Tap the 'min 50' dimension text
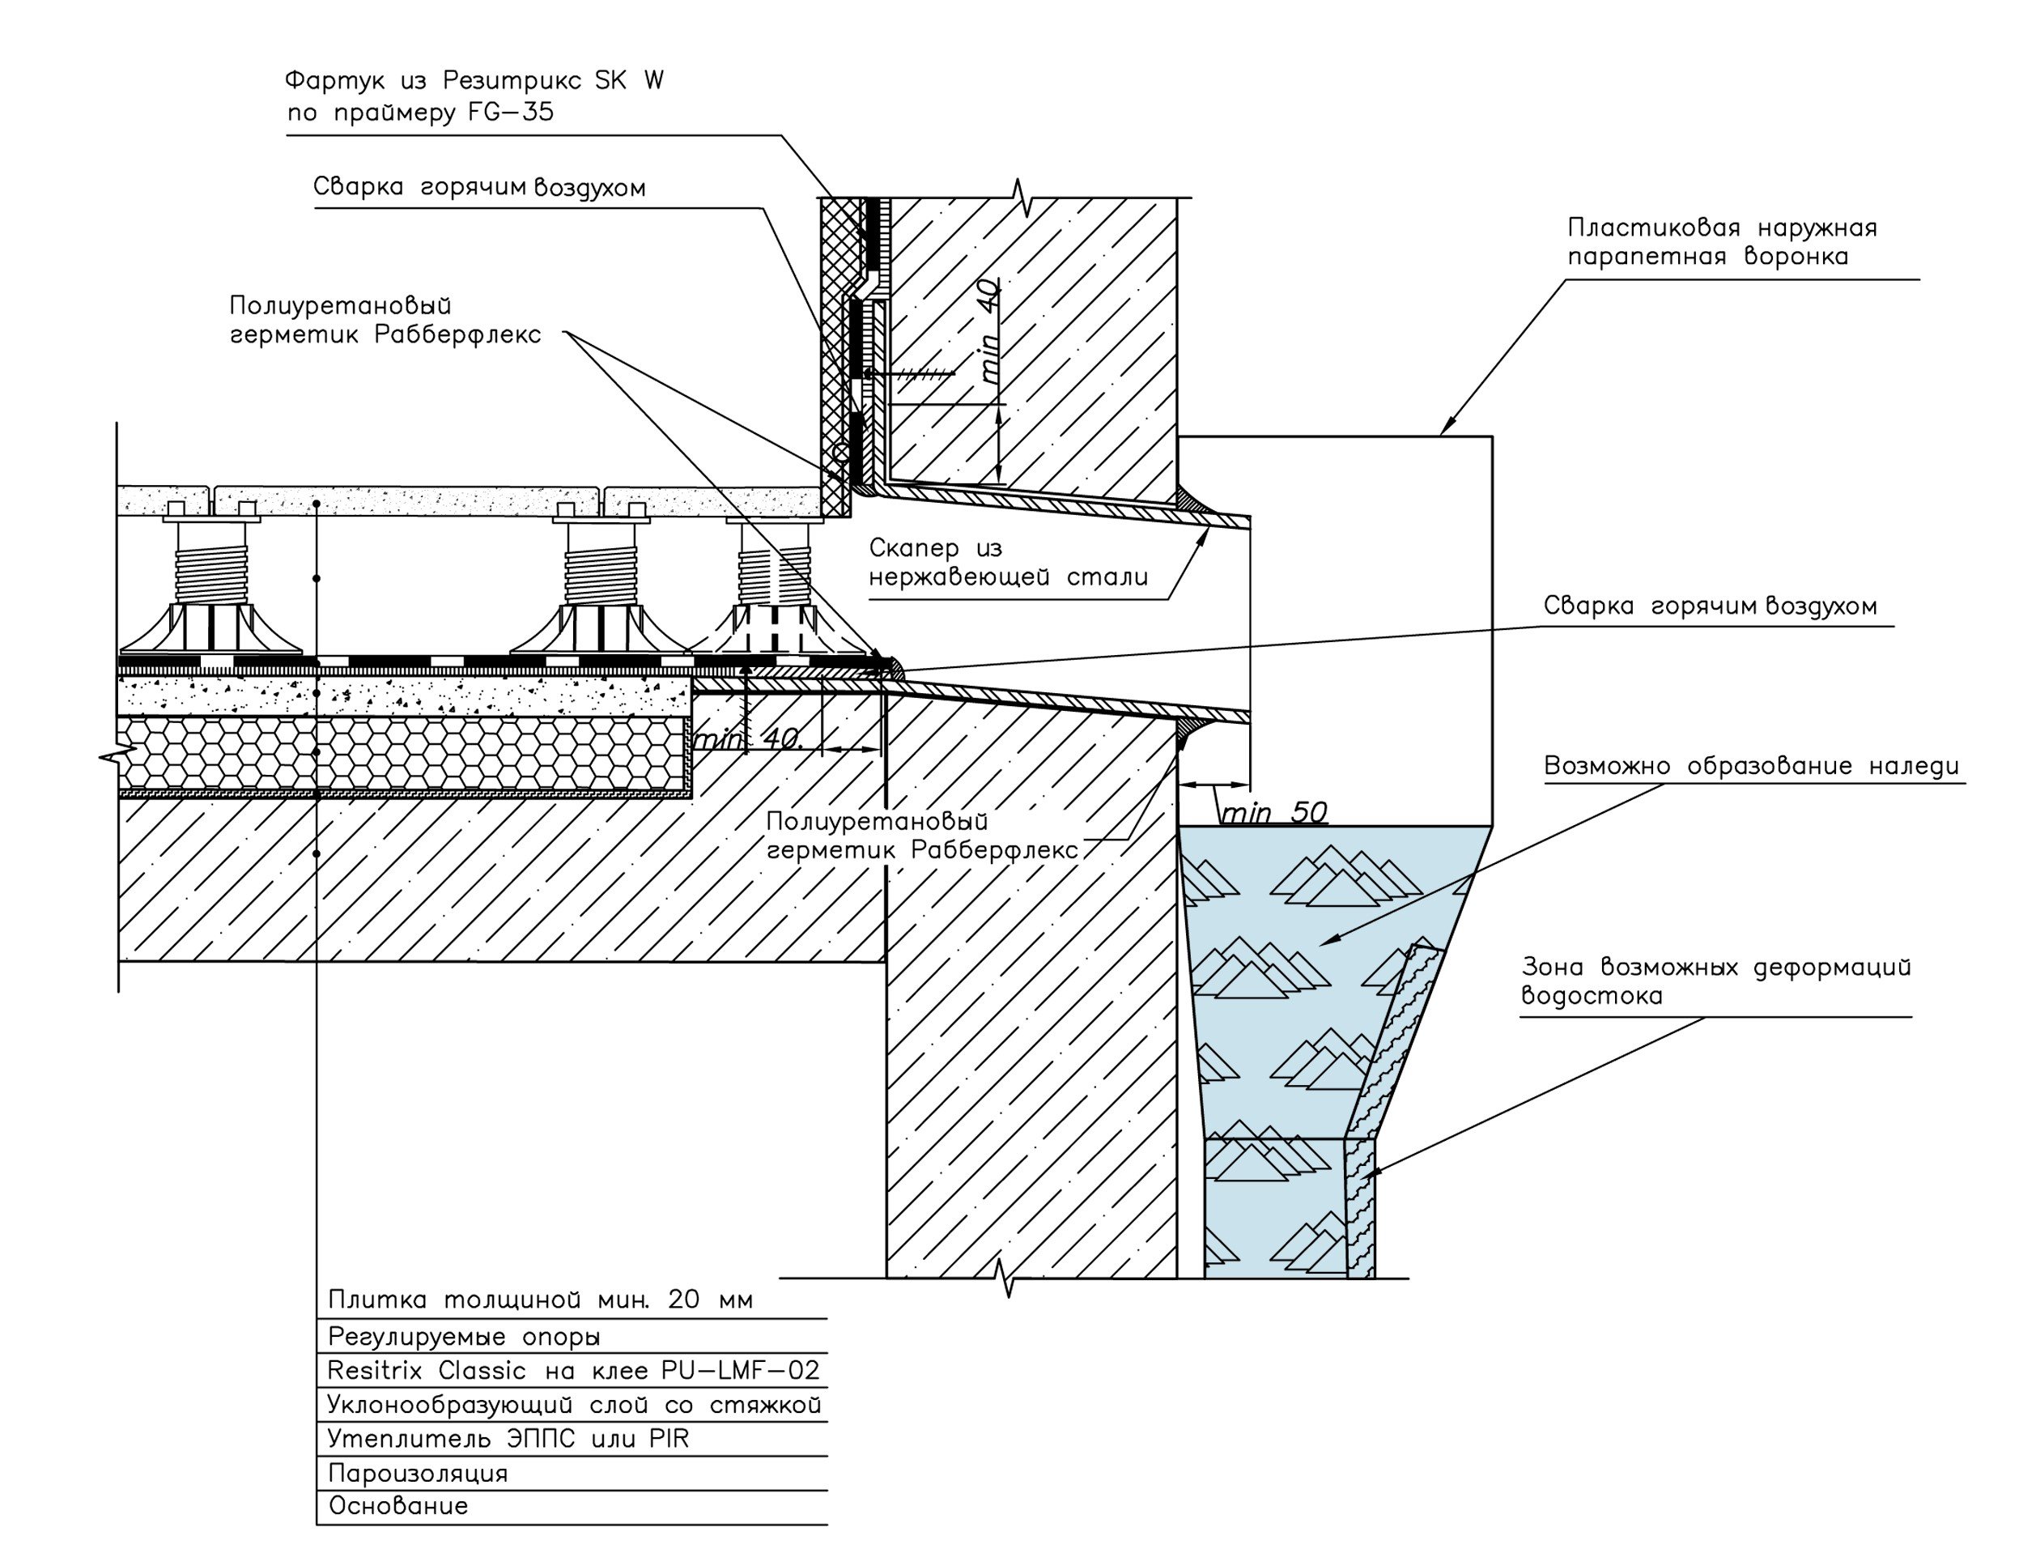(x=1273, y=813)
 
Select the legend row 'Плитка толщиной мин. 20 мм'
(x=541, y=1300)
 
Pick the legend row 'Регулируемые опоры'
(x=464, y=1337)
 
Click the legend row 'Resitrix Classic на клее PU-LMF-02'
(x=573, y=1370)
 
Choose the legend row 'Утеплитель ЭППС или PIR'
(x=508, y=1438)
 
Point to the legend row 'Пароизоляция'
(x=418, y=1474)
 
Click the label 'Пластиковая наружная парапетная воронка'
(x=1721, y=242)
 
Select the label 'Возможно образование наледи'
(x=1751, y=766)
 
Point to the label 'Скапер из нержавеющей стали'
(x=1007, y=563)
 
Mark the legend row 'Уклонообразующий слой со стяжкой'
(x=573, y=1405)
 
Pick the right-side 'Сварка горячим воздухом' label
(x=1710, y=606)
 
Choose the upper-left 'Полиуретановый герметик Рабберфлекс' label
(x=385, y=320)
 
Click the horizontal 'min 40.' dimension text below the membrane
(x=749, y=740)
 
